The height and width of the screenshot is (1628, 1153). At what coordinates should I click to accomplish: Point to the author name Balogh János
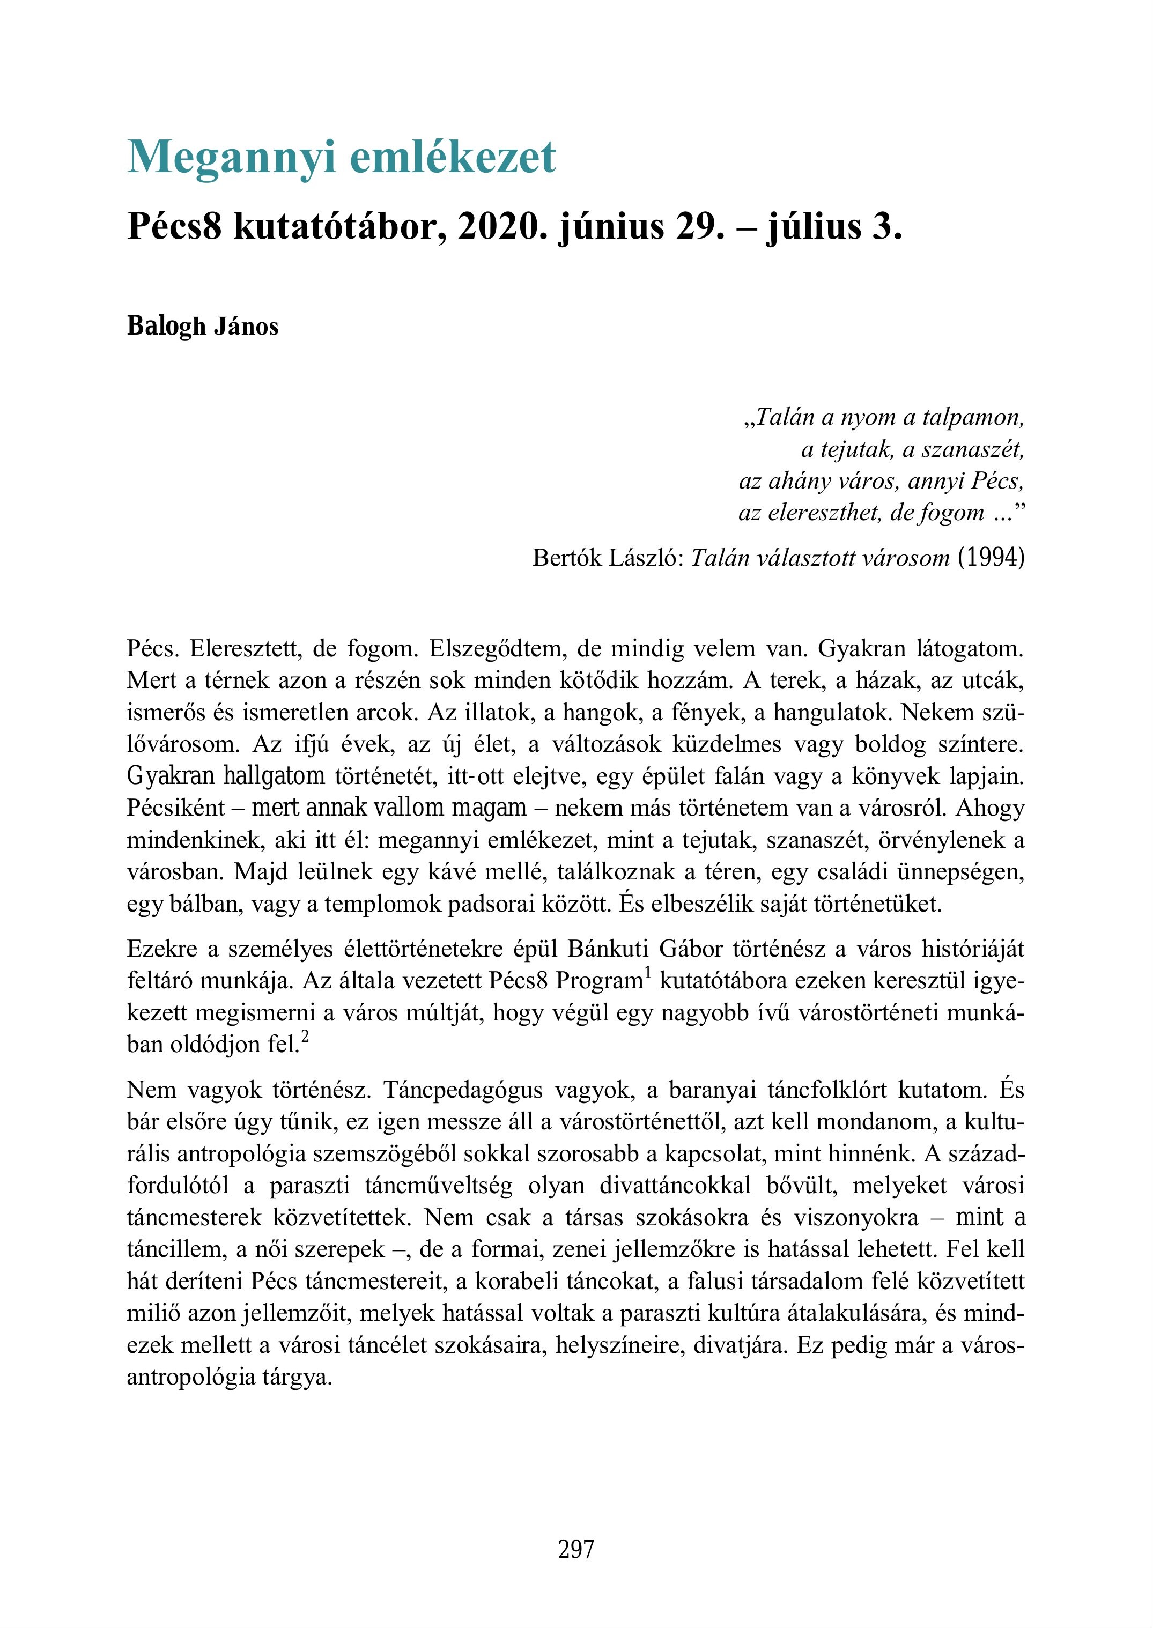click(x=202, y=327)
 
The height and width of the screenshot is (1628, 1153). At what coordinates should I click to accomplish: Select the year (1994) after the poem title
click(x=991, y=558)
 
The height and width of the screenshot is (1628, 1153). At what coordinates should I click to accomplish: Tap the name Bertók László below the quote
click(x=608, y=558)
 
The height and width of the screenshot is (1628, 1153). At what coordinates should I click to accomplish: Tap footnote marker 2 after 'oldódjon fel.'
click(x=305, y=1037)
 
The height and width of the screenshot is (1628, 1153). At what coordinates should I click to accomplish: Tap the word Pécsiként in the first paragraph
click(x=175, y=809)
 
